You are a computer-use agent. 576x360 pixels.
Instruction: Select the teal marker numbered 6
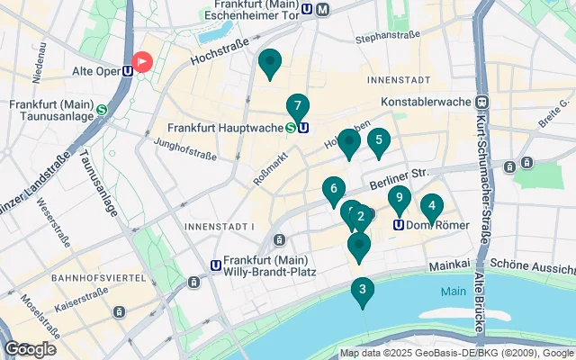(333, 190)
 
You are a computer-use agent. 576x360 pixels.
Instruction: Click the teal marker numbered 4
(432, 206)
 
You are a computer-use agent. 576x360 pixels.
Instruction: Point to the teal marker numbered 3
(362, 291)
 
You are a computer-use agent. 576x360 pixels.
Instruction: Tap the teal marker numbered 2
(362, 216)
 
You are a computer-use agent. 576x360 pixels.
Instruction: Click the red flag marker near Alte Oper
(142, 61)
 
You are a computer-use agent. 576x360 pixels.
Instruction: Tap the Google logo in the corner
(30, 348)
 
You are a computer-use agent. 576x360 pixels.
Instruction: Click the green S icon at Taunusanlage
(102, 110)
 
